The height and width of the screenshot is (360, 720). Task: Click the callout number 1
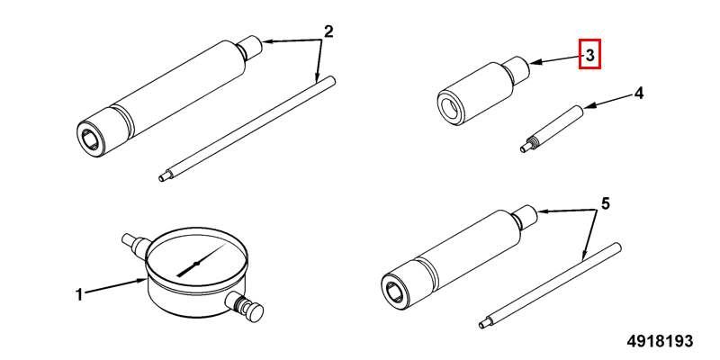(x=79, y=294)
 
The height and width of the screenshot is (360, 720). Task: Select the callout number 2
(x=328, y=32)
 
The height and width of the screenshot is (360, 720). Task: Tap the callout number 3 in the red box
(x=590, y=55)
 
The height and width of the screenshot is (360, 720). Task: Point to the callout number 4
(x=638, y=94)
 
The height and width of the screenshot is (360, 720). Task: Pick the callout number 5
(x=605, y=203)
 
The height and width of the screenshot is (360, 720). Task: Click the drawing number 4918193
(x=661, y=341)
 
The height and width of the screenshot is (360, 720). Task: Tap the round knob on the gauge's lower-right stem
(x=254, y=312)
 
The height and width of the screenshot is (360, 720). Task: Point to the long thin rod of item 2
(x=247, y=129)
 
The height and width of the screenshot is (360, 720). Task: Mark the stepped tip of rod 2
(x=165, y=176)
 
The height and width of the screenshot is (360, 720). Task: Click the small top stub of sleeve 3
(x=517, y=68)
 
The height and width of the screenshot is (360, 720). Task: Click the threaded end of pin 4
(x=528, y=145)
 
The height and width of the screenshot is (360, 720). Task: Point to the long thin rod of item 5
(x=550, y=285)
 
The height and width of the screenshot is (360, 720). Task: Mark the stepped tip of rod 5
(x=485, y=324)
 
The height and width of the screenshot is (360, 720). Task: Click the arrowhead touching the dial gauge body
(x=142, y=280)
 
